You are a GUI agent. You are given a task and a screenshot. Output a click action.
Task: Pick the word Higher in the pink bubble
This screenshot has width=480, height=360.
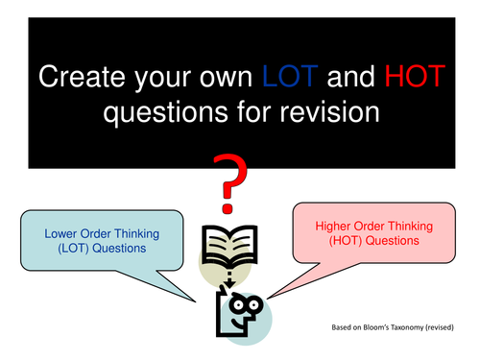point(334,226)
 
